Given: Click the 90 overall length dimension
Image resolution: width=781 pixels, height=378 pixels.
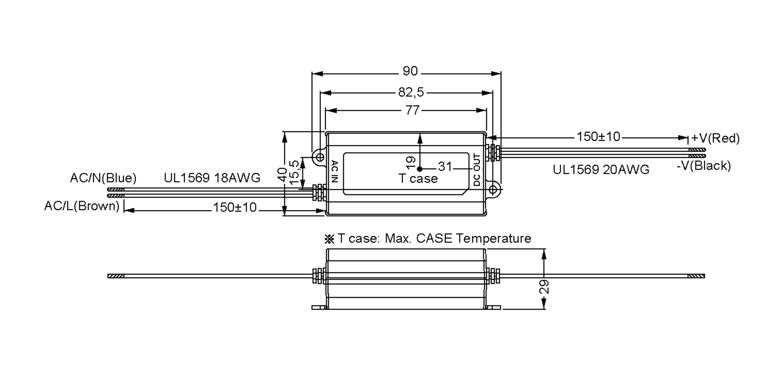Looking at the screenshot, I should click(410, 71).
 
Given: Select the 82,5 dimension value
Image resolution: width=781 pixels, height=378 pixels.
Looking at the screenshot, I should click(411, 93).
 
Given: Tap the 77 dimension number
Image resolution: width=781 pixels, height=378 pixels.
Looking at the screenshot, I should click(412, 110).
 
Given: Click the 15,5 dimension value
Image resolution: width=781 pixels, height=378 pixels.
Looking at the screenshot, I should click(294, 172).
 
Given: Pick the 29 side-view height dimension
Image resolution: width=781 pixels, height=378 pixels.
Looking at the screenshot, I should click(544, 287).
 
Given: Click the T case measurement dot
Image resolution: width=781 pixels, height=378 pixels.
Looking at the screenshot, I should click(420, 169).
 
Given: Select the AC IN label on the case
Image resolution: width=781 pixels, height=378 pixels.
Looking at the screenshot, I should click(335, 171).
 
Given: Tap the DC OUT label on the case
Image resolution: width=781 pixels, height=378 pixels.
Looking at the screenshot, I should click(477, 170).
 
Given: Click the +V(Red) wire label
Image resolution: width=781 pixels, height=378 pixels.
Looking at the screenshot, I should click(715, 138).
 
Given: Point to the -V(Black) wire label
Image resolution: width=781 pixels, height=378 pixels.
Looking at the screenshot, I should click(704, 166).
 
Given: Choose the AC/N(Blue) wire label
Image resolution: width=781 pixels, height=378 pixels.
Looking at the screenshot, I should click(103, 178).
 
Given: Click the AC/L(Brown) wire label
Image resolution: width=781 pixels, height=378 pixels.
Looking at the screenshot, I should click(82, 206).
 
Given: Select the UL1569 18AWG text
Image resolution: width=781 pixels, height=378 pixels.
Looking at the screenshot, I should click(212, 178).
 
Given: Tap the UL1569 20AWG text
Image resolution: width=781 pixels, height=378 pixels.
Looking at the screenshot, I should click(601, 169).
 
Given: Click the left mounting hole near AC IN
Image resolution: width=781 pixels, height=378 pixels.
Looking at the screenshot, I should click(320, 157).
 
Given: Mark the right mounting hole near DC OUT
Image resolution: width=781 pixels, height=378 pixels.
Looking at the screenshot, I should click(493, 189).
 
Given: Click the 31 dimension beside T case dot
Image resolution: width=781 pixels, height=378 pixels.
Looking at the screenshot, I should click(445, 167).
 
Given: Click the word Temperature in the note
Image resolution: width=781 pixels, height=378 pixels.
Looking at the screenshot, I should click(493, 238).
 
